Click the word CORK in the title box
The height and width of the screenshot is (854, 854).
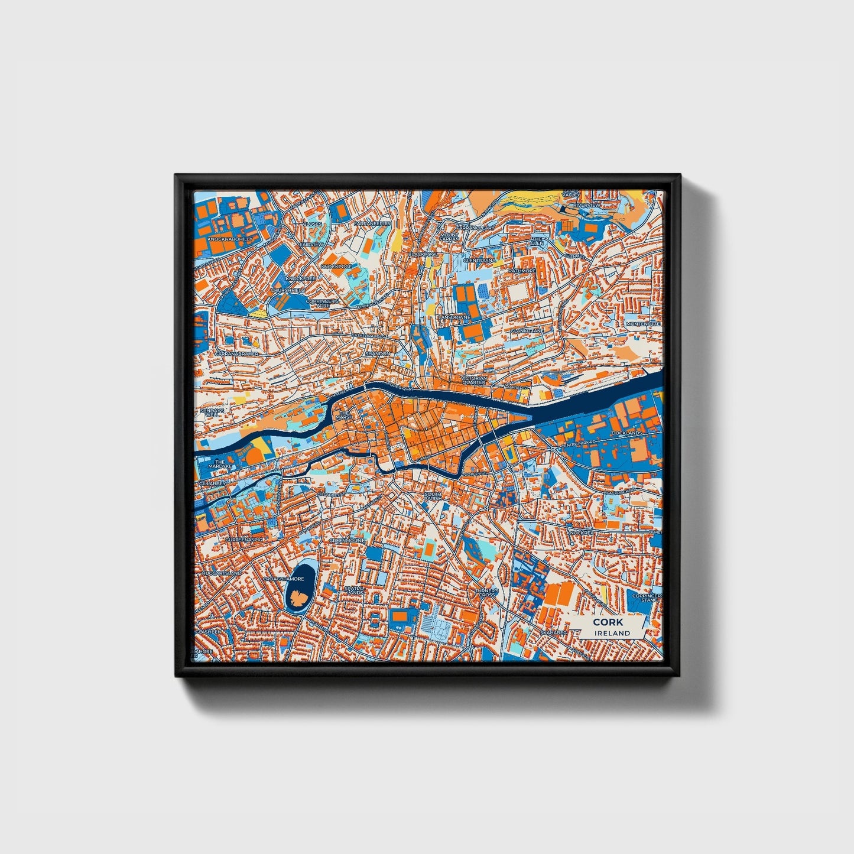[x=608, y=622]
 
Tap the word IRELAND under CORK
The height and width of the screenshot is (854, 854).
[x=613, y=633]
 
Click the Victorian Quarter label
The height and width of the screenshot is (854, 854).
[x=474, y=380]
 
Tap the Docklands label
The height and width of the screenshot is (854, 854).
[x=626, y=433]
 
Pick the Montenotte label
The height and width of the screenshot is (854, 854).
[x=643, y=324]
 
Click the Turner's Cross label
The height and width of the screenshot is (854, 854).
[x=487, y=592]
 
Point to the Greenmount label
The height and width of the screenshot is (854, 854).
[x=347, y=540]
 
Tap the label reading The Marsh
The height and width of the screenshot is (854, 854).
[x=344, y=414]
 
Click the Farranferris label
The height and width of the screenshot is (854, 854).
[x=372, y=224]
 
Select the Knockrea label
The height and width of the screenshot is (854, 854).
[x=580, y=532]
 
